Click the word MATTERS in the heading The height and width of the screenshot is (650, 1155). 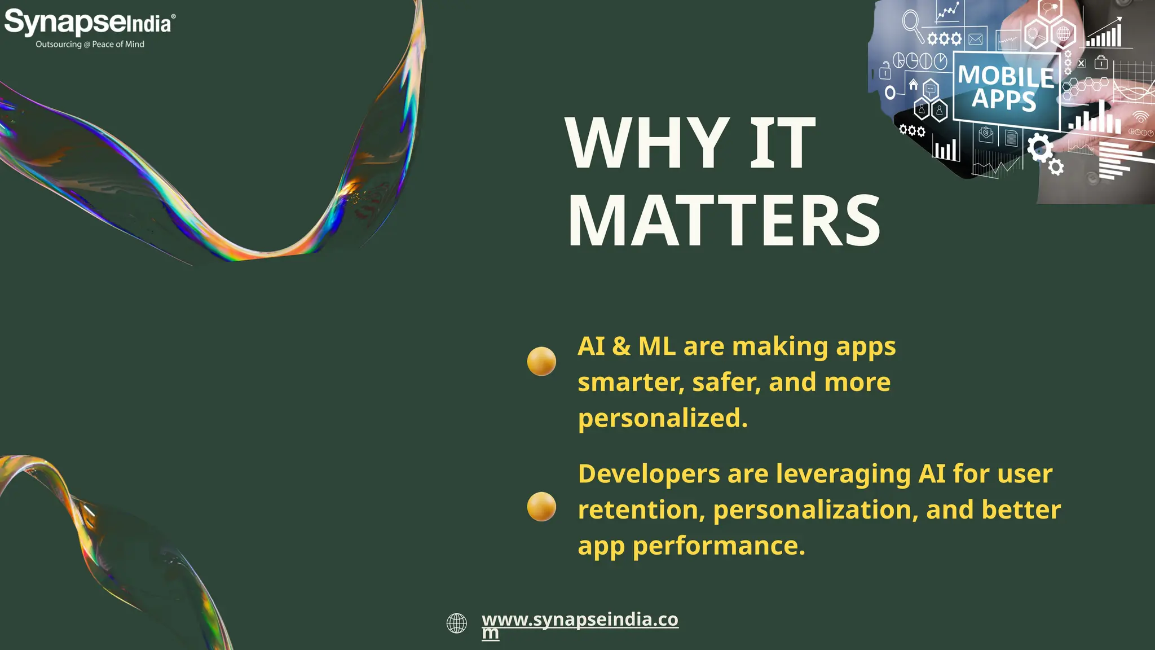pyautogui.click(x=724, y=221)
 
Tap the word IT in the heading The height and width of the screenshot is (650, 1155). pyautogui.click(x=783, y=143)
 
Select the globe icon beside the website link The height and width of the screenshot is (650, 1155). pyautogui.click(x=457, y=623)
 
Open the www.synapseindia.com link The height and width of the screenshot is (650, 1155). pyautogui.click(x=580, y=620)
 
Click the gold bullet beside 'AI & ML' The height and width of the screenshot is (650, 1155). pyautogui.click(x=541, y=361)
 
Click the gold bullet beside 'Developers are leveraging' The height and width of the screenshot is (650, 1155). pyautogui.click(x=541, y=506)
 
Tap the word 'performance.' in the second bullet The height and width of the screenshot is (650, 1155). pyautogui.click(x=719, y=546)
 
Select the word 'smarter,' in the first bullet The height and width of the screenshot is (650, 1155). pyautogui.click(x=631, y=383)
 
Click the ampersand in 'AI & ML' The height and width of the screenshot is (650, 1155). pyautogui.click(x=621, y=346)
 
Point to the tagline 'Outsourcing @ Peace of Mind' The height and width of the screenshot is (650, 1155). pyautogui.click(x=90, y=44)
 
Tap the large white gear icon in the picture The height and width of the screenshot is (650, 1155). pyautogui.click(x=1039, y=148)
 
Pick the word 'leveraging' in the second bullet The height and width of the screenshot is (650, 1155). pyautogui.click(x=843, y=474)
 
